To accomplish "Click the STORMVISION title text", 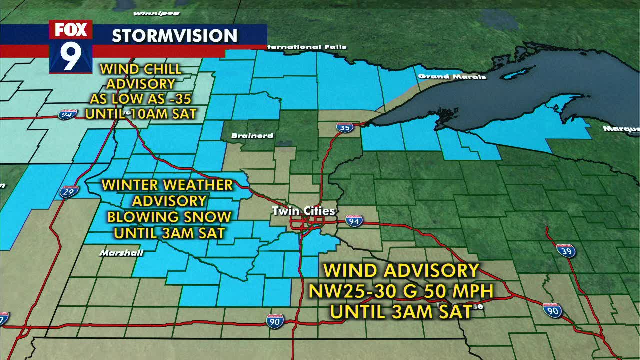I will (174, 36).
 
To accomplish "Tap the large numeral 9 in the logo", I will (71, 56).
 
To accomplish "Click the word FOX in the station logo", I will (71, 30).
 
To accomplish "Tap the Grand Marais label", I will (452, 76).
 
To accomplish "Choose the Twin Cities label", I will (303, 211).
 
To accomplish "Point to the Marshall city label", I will (121, 253).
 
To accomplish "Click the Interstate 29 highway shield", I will (69, 191).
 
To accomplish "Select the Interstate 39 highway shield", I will (566, 250).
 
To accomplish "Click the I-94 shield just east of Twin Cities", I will (354, 220).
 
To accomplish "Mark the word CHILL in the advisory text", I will (161, 69).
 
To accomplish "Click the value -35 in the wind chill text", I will (180, 99).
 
